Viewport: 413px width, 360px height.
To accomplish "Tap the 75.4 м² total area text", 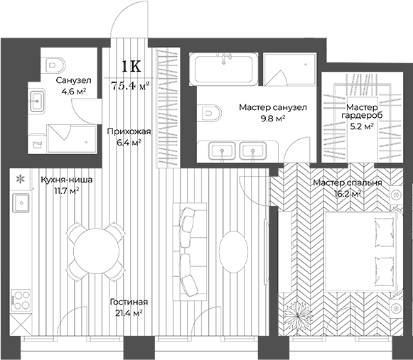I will (x=130, y=87).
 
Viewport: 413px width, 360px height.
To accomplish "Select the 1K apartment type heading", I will (x=130, y=67).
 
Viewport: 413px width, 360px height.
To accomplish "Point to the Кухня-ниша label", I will (x=60, y=180).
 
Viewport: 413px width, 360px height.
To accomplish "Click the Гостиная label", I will (x=129, y=301).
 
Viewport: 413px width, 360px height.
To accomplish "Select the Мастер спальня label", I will (x=348, y=182).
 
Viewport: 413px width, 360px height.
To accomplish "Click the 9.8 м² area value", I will (x=272, y=119).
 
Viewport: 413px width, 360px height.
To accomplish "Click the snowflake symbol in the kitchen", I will (x=21, y=179).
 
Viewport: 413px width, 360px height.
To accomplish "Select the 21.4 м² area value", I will (x=129, y=312).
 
